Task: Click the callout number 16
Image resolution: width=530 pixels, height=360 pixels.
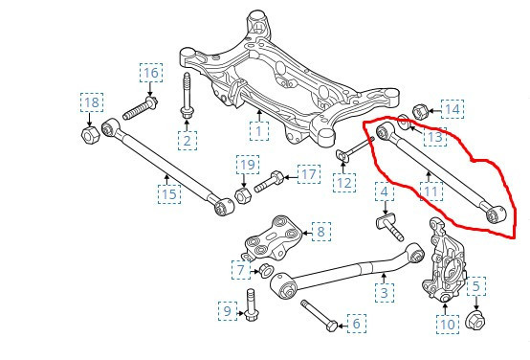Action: tap(151, 73)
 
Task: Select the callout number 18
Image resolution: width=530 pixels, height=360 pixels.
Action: tap(92, 102)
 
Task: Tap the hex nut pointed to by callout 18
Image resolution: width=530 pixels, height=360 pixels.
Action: tap(90, 135)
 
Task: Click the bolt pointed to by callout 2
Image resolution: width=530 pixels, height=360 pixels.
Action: tap(187, 95)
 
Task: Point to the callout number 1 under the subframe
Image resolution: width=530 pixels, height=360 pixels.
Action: tap(259, 131)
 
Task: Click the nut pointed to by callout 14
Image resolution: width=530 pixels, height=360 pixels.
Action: tap(421, 112)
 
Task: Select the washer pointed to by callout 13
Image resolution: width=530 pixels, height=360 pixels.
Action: tap(405, 123)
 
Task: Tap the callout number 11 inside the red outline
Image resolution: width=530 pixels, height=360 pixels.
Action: tap(431, 191)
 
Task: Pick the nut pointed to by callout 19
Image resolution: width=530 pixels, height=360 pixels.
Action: tap(242, 195)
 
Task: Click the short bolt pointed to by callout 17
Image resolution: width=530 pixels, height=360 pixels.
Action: tap(269, 182)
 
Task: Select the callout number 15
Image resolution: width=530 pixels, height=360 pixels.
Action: tap(169, 194)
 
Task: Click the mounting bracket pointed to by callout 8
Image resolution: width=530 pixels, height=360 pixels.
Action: tap(273, 237)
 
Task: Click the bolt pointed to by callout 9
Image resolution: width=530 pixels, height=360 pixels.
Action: tap(250, 304)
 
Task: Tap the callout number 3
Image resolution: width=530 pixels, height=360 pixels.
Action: tap(385, 293)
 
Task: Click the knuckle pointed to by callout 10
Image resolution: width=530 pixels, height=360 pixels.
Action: tap(444, 259)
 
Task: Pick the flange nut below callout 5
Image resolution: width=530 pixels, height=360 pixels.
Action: tap(475, 320)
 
